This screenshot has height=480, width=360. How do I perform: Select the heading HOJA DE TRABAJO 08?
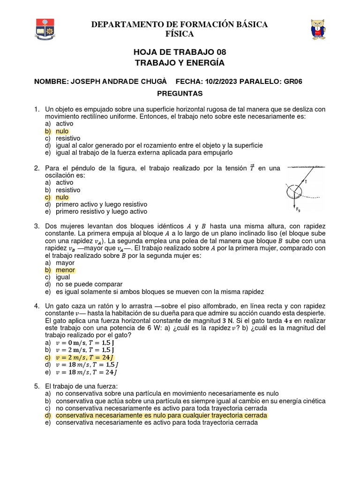tap(180, 52)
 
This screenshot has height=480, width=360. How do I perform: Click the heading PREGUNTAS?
tap(180, 93)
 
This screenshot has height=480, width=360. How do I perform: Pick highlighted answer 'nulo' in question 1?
tap(62, 131)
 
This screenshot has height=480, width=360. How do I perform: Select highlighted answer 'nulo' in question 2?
tap(62, 197)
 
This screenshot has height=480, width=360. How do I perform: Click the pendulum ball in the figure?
tap(294, 191)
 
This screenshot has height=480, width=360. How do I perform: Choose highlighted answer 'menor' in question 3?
tap(65, 270)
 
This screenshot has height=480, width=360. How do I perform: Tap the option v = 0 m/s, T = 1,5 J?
tap(86, 343)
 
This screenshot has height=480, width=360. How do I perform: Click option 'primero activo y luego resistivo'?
tap(101, 204)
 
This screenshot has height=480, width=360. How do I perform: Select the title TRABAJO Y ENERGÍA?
tap(180, 62)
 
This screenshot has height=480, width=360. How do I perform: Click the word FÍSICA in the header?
tap(180, 34)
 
